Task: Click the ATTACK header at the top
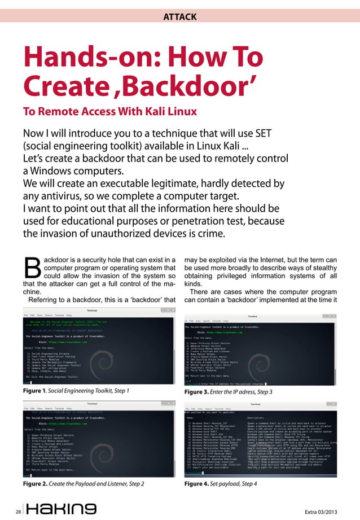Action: tap(179, 17)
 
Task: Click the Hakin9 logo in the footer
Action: tap(62, 508)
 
